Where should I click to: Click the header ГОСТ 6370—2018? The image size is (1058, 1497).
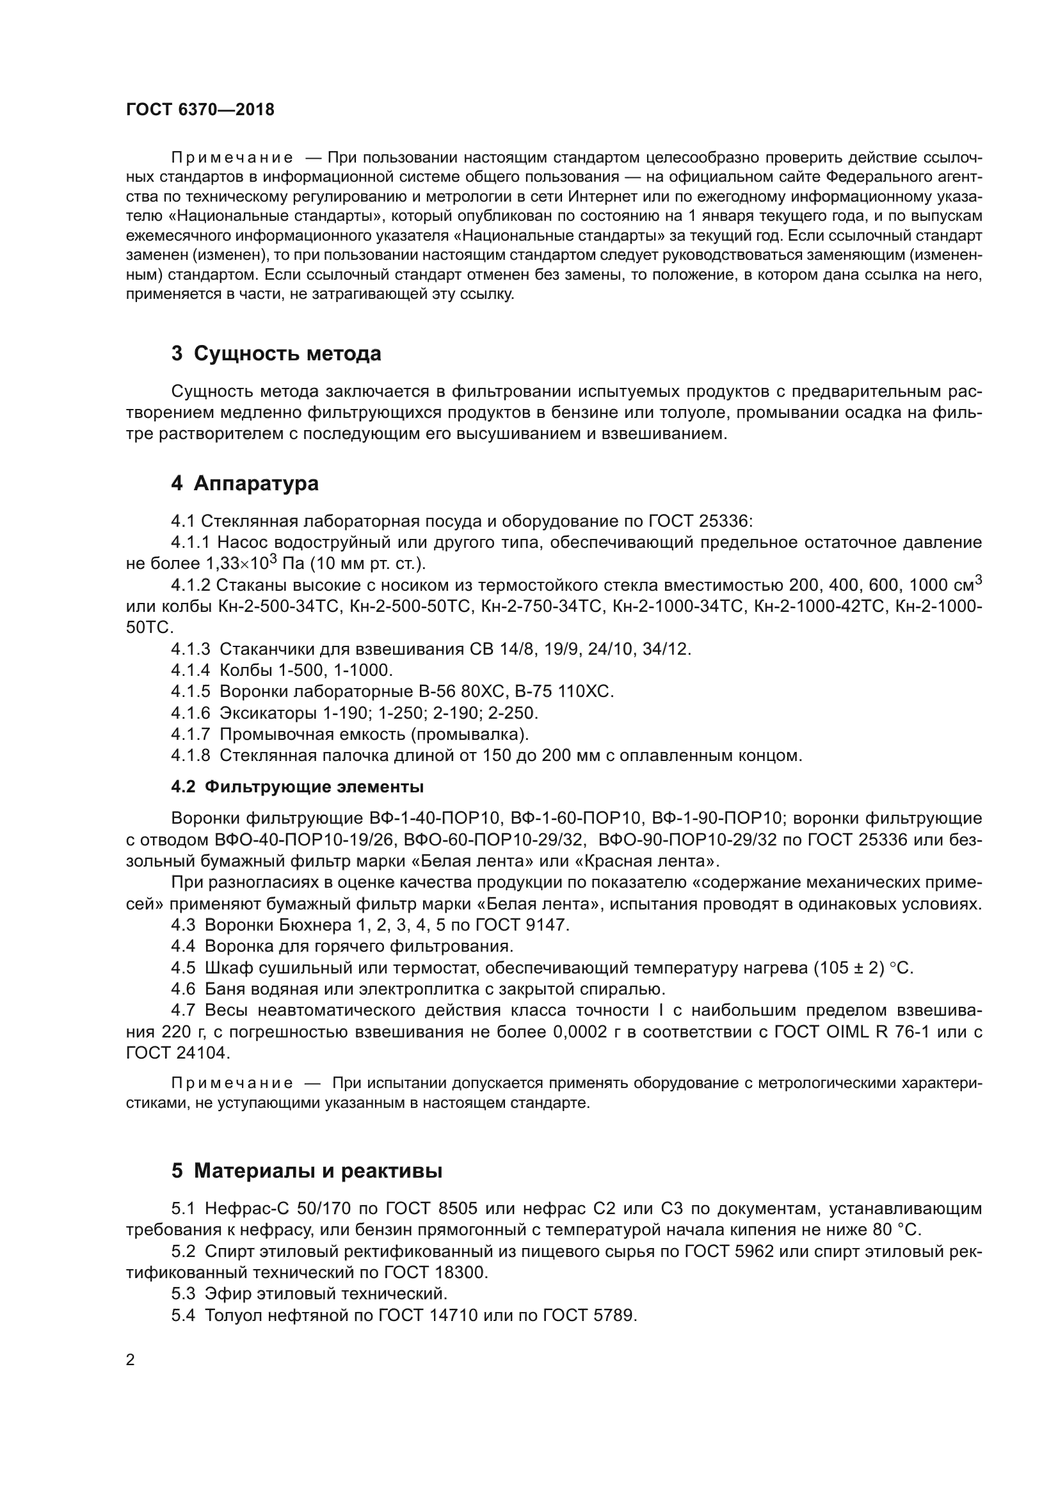(x=200, y=109)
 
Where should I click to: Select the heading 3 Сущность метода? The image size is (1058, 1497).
(x=276, y=353)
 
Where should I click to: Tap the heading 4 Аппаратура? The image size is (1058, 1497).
(x=244, y=483)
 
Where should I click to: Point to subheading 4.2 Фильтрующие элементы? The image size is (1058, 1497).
(x=297, y=787)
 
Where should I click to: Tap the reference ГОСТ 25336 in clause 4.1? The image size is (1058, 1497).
(x=700, y=521)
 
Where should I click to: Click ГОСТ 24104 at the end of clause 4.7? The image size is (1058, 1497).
(x=177, y=1053)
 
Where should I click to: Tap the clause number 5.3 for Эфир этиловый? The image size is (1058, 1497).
(x=183, y=1293)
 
